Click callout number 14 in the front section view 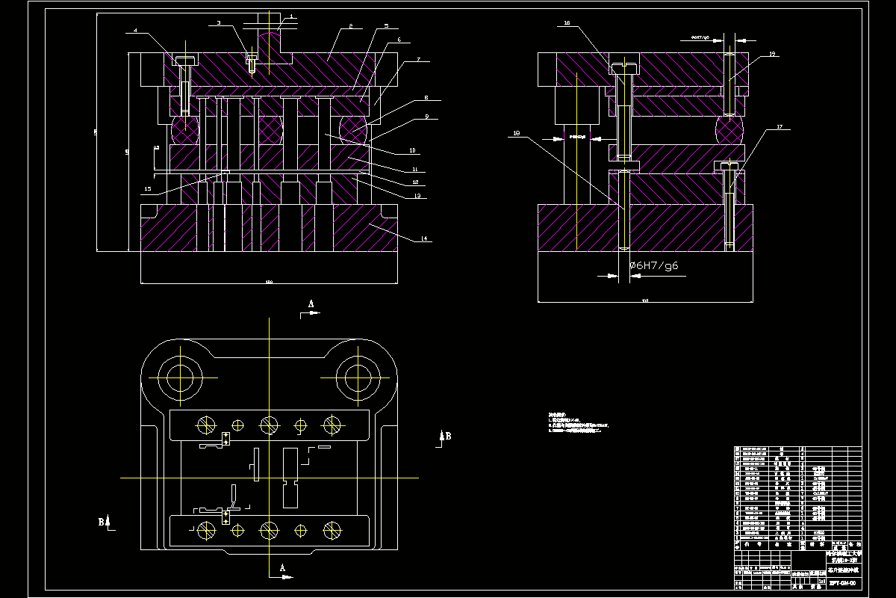(x=424, y=239)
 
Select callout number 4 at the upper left (x=135, y=31)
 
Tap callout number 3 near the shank (x=219, y=23)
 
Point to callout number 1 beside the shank (x=291, y=16)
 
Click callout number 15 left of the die (x=148, y=188)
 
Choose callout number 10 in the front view (x=411, y=150)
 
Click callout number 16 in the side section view (x=567, y=24)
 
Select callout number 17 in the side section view (x=780, y=127)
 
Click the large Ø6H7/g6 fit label (x=654, y=265)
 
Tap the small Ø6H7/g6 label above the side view (x=696, y=36)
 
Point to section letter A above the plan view (x=311, y=303)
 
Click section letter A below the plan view (x=283, y=569)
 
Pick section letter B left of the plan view (x=102, y=522)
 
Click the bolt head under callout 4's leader (x=184, y=60)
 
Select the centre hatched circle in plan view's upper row (x=268, y=425)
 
